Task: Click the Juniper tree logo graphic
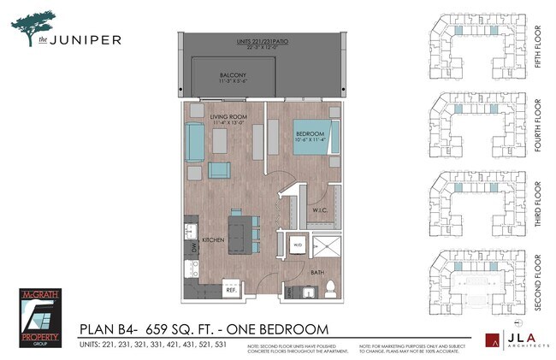click(35, 24)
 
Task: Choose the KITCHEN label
click(213, 240)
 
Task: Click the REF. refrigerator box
click(230, 290)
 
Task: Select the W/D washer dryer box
click(297, 244)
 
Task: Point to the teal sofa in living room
click(194, 142)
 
